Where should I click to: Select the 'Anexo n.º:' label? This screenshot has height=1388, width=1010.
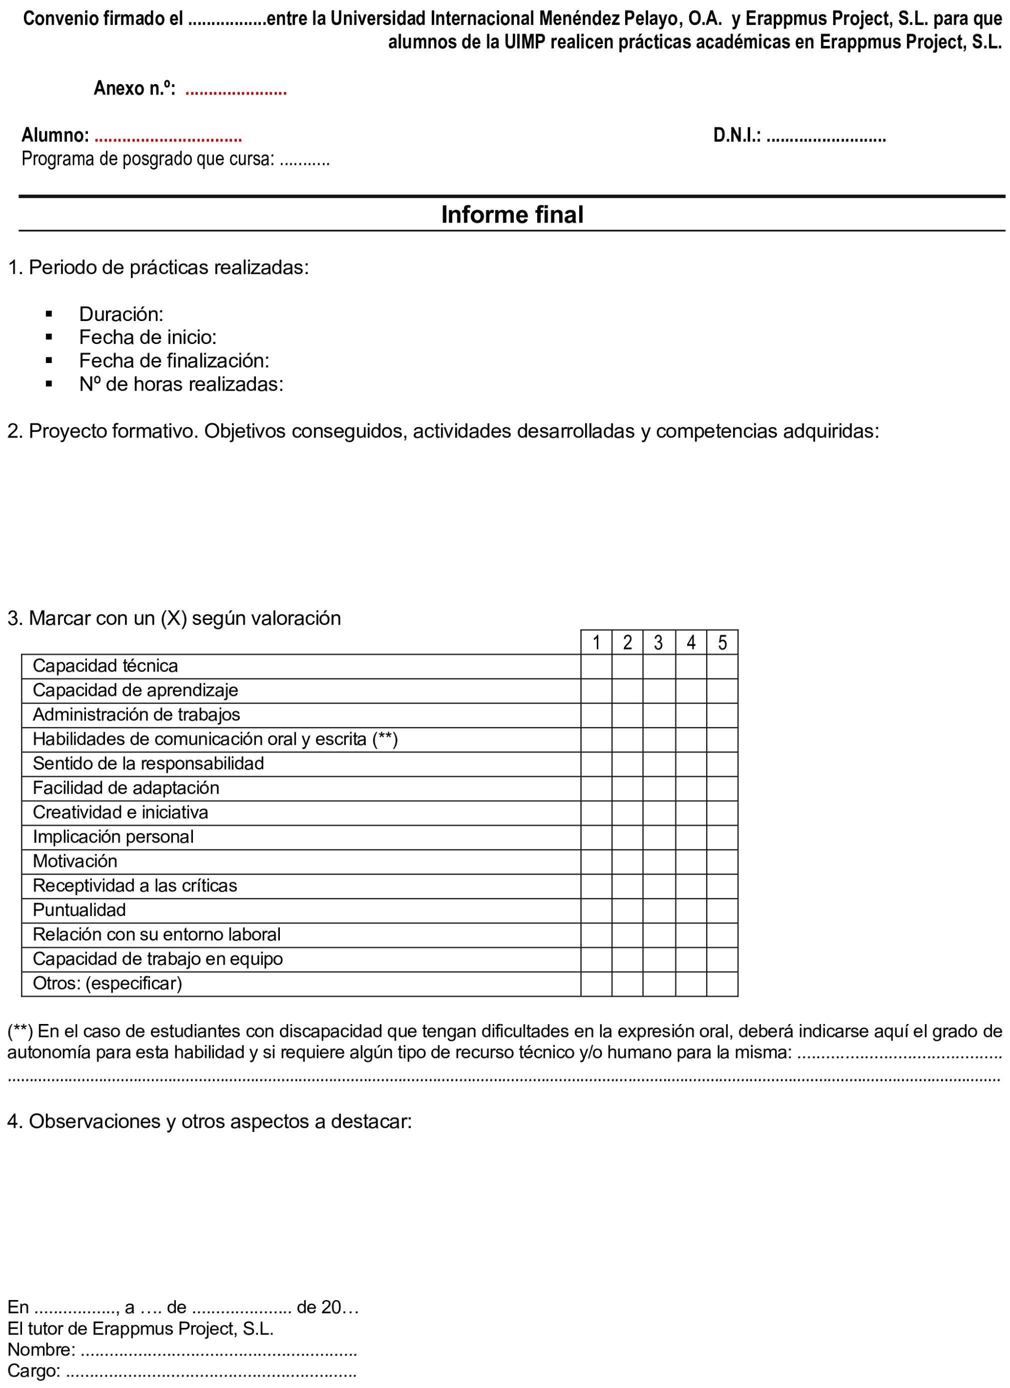tap(134, 88)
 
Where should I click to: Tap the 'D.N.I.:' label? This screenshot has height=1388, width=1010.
tap(737, 135)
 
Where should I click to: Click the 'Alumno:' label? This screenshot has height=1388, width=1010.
tap(55, 135)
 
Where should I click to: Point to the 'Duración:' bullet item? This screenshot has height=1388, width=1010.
tap(121, 314)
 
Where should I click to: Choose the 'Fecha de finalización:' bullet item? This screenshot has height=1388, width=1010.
tap(174, 361)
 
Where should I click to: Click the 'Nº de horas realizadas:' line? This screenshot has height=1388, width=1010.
tap(181, 384)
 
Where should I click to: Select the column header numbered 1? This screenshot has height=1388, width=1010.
tap(596, 642)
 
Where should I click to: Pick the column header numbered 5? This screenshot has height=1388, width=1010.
tap(722, 642)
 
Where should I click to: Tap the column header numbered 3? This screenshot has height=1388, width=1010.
tap(658, 642)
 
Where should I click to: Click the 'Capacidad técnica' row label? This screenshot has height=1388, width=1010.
tap(105, 666)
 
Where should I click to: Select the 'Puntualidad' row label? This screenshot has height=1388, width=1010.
tap(79, 910)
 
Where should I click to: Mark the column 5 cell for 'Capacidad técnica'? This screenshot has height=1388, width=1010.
tap(722, 666)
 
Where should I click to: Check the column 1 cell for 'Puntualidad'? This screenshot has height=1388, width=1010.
tap(596, 910)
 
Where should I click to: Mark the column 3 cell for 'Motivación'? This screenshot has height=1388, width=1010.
tap(659, 861)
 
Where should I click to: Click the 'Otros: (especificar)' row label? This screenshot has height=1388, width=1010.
tap(107, 983)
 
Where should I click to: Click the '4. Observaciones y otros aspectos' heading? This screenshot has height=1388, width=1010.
tap(209, 1121)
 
